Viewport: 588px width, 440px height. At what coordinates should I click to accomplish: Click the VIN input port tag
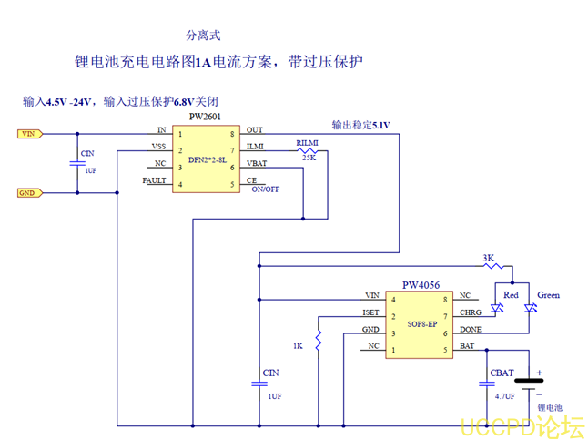[x=30, y=133]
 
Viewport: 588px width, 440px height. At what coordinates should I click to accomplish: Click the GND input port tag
[x=30, y=192]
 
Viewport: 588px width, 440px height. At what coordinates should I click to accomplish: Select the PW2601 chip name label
[x=206, y=118]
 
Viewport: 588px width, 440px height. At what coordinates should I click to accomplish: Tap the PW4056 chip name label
[x=421, y=285]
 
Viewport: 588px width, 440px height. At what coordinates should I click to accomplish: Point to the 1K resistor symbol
[x=318, y=342]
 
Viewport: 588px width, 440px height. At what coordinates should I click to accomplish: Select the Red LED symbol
[x=496, y=310]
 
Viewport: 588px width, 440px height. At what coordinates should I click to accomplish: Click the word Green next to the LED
[x=548, y=295]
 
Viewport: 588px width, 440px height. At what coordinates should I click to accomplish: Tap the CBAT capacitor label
[x=502, y=373]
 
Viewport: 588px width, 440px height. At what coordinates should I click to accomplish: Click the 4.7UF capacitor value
[x=504, y=396]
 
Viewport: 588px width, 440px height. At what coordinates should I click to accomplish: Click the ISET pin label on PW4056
[x=370, y=313]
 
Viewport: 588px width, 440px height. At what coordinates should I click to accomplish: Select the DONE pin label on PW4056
[x=470, y=330]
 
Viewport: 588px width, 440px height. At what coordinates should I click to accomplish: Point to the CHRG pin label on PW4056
[x=471, y=312]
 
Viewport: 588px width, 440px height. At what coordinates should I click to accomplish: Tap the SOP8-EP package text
[x=421, y=322]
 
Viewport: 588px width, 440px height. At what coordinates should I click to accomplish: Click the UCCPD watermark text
[x=522, y=426]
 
